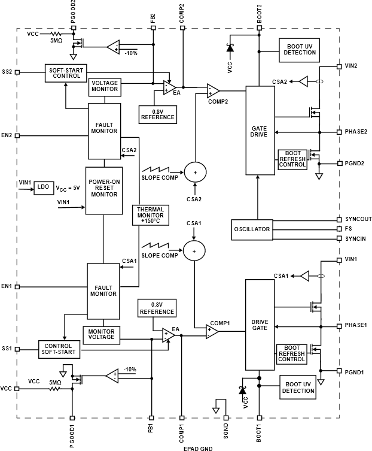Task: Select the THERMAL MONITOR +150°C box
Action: tap(151, 215)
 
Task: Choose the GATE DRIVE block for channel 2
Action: tap(259, 131)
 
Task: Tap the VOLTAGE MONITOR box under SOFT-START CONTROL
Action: tap(104, 87)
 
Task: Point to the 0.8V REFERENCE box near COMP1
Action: tap(157, 308)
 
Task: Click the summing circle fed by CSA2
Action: tap(194, 172)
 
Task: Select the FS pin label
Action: tap(349, 229)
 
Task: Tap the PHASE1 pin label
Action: tap(356, 325)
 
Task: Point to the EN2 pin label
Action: tap(7, 135)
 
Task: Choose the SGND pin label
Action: tap(226, 431)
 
